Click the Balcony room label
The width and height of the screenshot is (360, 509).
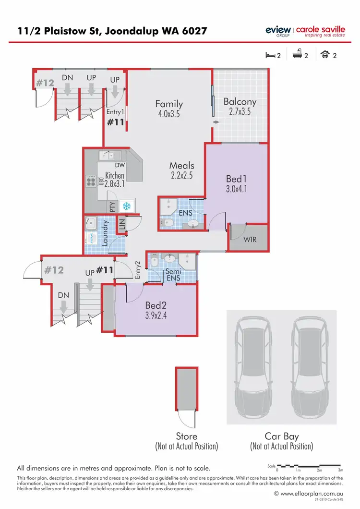(240, 102)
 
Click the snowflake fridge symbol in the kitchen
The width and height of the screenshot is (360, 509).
(127, 206)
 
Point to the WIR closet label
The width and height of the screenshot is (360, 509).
(248, 239)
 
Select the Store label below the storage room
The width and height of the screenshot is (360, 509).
(186, 436)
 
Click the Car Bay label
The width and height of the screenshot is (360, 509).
(281, 436)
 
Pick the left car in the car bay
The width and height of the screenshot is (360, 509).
(253, 369)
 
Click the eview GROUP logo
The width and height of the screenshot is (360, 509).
(278, 31)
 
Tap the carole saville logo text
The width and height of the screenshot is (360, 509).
(320, 30)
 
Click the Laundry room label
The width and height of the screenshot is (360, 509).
(105, 232)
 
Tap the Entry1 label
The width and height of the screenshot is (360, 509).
(115, 112)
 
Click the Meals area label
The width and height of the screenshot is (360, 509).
(182, 166)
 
